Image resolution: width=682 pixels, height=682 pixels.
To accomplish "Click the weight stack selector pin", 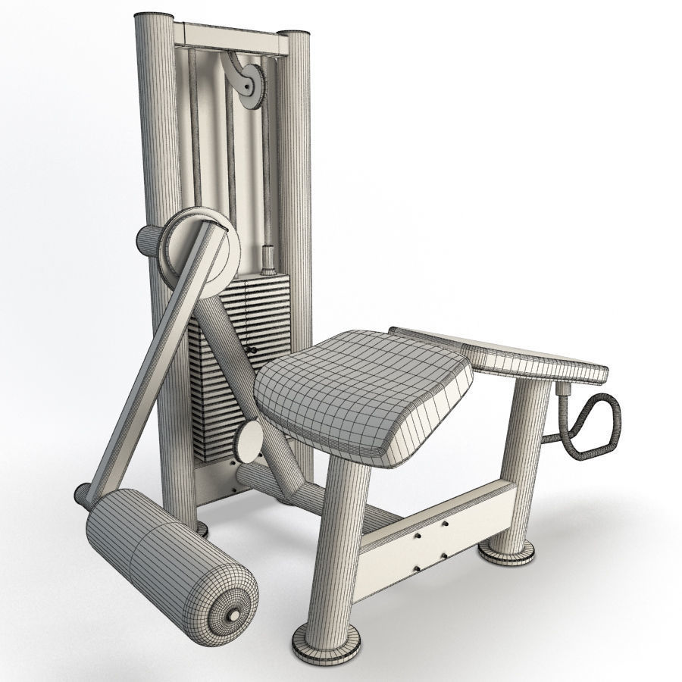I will (251, 349).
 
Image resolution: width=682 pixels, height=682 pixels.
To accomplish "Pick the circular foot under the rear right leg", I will (506, 552).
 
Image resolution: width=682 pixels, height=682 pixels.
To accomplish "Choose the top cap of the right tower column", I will (295, 36).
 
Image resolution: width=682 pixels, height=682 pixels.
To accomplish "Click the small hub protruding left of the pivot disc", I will (147, 241).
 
